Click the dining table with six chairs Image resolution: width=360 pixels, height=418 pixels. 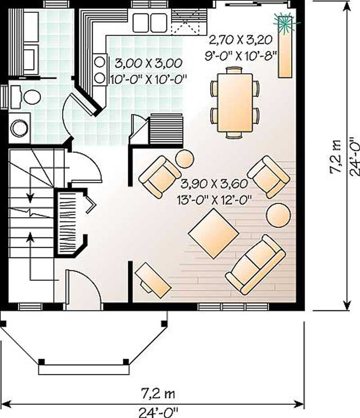click(234, 102)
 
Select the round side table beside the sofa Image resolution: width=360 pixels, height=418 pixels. click(278, 214)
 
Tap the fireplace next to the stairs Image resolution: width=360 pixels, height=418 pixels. click(70, 222)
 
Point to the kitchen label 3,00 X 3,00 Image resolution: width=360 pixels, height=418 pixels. click(148, 62)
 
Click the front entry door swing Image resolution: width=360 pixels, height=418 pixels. click(83, 288)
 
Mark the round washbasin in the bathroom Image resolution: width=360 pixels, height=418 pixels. click(19, 128)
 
